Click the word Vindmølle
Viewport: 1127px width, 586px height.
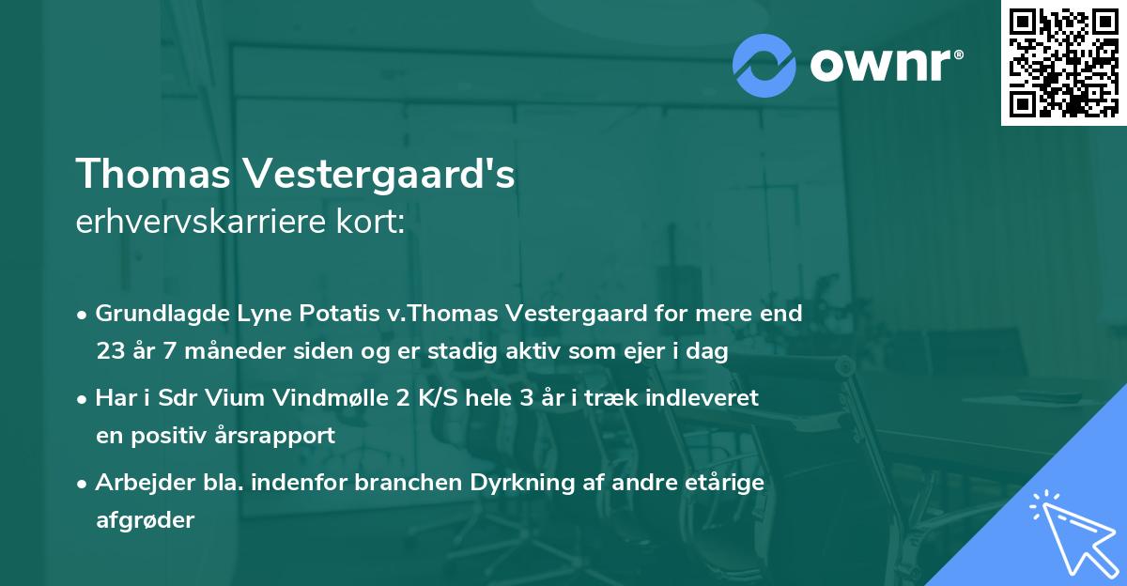(323, 398)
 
